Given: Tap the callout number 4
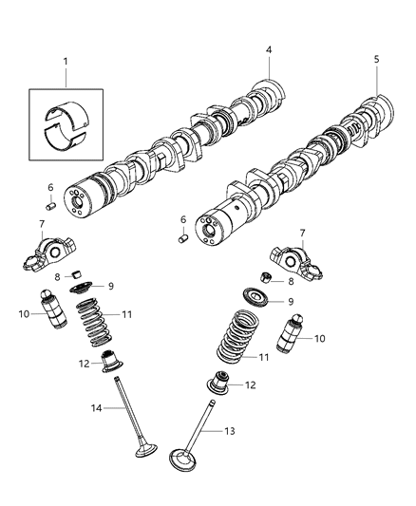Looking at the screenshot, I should pos(269,50).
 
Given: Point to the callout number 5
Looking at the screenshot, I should pos(376,58).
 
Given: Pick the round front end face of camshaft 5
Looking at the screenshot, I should pos(207,231).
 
